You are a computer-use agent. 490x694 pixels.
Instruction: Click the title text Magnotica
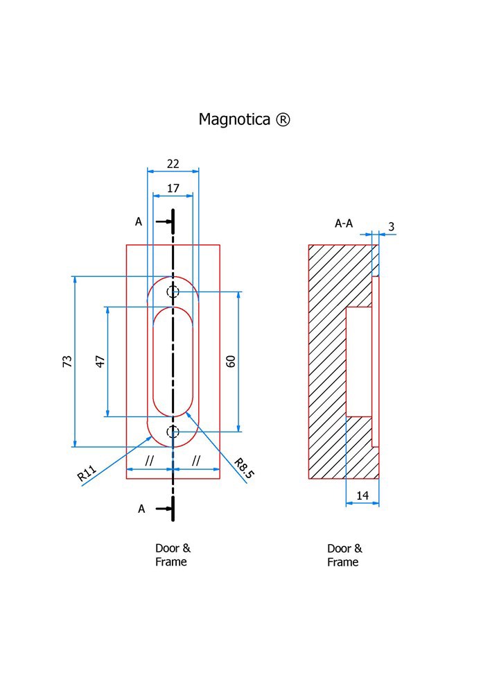(x=235, y=119)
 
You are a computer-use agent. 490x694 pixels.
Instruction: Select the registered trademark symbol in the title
(x=283, y=119)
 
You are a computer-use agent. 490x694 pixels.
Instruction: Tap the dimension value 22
(x=173, y=164)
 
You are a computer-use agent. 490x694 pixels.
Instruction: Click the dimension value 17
(x=173, y=188)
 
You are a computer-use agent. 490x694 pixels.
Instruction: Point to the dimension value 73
(x=67, y=361)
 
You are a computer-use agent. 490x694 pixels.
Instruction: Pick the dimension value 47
(x=100, y=361)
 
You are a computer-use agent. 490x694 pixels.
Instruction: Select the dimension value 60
(x=231, y=361)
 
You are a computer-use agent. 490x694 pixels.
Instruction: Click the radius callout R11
(x=87, y=474)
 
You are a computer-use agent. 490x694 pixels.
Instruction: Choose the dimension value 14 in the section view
(x=362, y=495)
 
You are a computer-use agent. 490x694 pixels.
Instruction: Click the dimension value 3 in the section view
(x=392, y=227)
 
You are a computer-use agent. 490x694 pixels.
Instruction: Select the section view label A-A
(x=344, y=223)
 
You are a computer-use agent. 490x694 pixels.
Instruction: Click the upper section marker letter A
(x=139, y=222)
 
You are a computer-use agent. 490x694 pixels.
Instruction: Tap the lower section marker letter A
(x=141, y=509)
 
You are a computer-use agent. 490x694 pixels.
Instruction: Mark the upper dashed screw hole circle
(x=173, y=292)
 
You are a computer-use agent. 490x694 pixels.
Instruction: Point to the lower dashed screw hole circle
(x=173, y=432)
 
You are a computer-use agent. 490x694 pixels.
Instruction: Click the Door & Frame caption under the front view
(x=171, y=555)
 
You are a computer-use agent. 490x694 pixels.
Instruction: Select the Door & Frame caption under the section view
(x=344, y=555)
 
